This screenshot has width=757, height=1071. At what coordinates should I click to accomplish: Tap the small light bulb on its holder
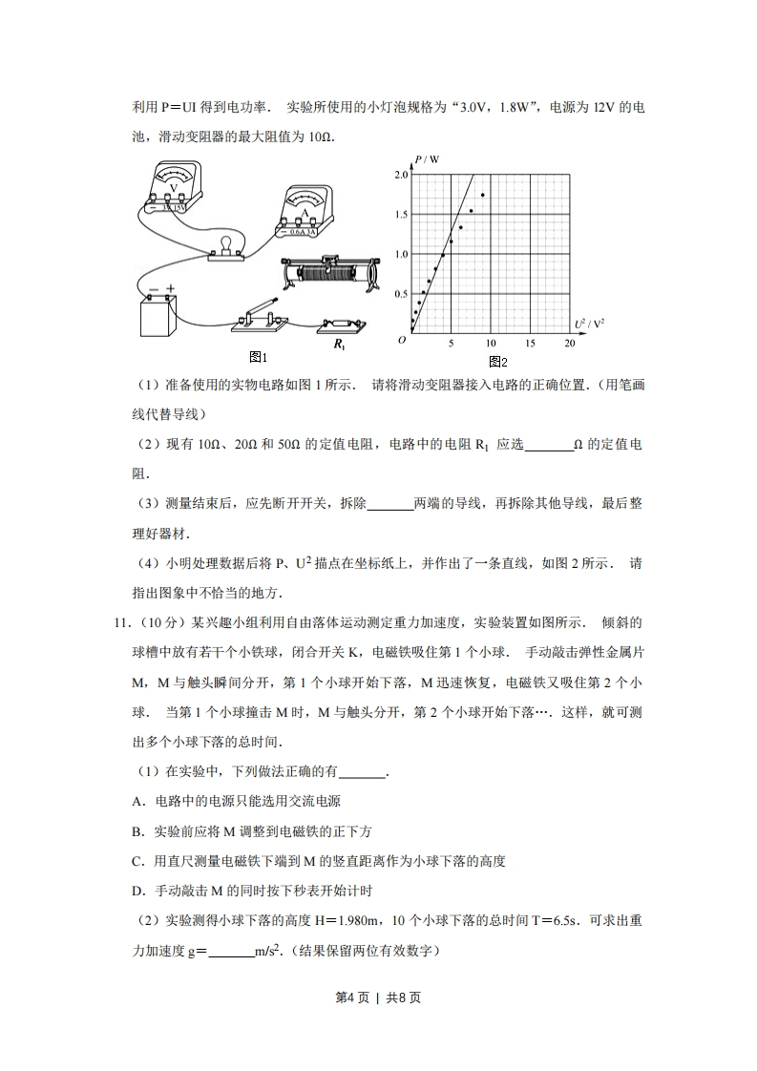click(227, 246)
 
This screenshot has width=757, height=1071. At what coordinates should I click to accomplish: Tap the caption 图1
click(257, 357)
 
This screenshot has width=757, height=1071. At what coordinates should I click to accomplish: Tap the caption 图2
click(497, 362)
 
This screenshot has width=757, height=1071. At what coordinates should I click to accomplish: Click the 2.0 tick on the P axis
click(400, 175)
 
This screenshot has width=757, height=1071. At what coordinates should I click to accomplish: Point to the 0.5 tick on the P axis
click(400, 293)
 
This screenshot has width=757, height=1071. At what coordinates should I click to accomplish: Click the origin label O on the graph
click(402, 340)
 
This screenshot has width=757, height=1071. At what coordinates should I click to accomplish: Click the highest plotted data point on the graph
click(483, 195)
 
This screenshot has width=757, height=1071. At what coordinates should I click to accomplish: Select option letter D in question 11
click(137, 891)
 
